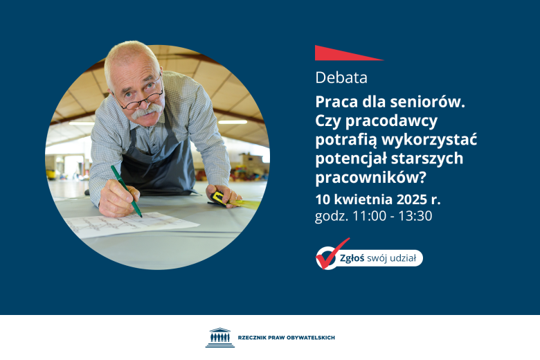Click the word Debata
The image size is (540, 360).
[x=341, y=78]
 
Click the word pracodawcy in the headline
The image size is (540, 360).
[x=397, y=120]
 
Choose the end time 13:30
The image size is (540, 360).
[x=414, y=216]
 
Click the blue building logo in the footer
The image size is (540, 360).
[x=219, y=337]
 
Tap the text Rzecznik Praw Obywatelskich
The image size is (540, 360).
[x=286, y=337]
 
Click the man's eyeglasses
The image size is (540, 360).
[x=141, y=97]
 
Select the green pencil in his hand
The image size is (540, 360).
[x=126, y=191]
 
